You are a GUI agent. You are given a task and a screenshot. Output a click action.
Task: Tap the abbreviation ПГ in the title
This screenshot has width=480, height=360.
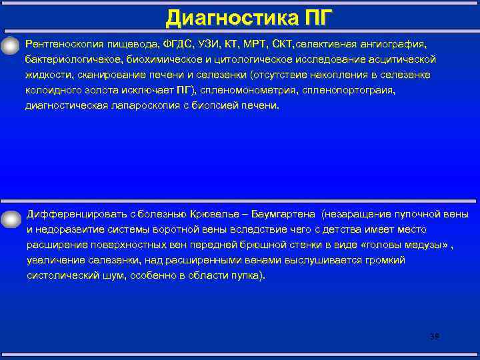pos(313,16)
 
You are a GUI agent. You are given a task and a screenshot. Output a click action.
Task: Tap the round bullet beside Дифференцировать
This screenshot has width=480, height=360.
pos(11,217)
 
